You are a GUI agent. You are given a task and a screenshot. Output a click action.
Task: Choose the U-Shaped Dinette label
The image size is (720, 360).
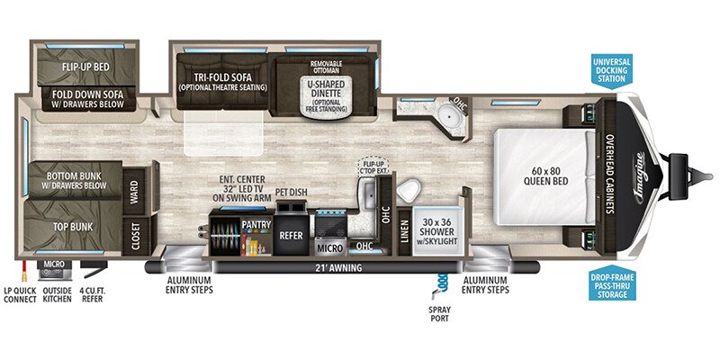tap(326, 89)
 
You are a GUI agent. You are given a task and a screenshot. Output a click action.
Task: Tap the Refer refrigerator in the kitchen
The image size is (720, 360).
tap(290, 234)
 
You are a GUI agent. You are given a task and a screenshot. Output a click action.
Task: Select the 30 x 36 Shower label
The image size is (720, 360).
tap(434, 233)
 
